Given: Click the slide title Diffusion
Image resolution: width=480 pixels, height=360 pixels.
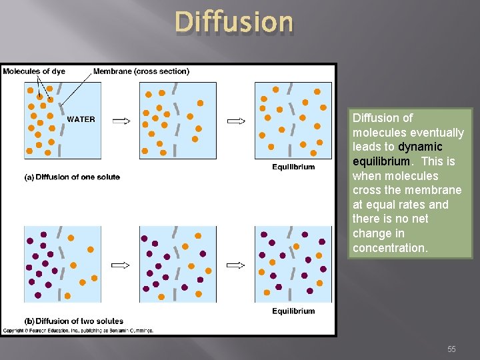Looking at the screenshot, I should [234, 22].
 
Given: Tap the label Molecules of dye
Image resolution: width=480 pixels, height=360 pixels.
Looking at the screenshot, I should [35, 71].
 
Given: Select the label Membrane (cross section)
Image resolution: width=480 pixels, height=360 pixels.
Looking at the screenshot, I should [141, 71].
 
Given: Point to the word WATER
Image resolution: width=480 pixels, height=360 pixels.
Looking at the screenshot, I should [81, 120].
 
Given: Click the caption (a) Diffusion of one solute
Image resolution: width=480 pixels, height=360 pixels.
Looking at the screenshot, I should [72, 177].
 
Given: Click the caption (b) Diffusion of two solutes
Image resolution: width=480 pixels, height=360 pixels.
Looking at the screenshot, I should [74, 321].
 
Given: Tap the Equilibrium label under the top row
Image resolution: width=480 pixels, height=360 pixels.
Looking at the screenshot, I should [293, 167].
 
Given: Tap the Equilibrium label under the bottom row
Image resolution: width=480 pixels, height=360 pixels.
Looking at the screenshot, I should [293, 311].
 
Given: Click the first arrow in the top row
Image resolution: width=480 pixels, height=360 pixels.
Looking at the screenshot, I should [121, 121].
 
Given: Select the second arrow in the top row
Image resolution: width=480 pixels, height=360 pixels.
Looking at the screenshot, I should [237, 121].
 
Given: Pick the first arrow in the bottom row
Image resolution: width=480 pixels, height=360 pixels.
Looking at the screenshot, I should [121, 265].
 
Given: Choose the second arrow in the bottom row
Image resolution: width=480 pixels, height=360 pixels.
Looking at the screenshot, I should [236, 265].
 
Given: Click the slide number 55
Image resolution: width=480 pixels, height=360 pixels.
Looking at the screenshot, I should [451, 349].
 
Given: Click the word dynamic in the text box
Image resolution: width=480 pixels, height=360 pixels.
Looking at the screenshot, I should [420, 147].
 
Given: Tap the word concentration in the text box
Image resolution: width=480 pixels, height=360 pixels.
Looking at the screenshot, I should [390, 248].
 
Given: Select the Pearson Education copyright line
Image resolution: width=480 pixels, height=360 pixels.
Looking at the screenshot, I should [78, 331].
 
